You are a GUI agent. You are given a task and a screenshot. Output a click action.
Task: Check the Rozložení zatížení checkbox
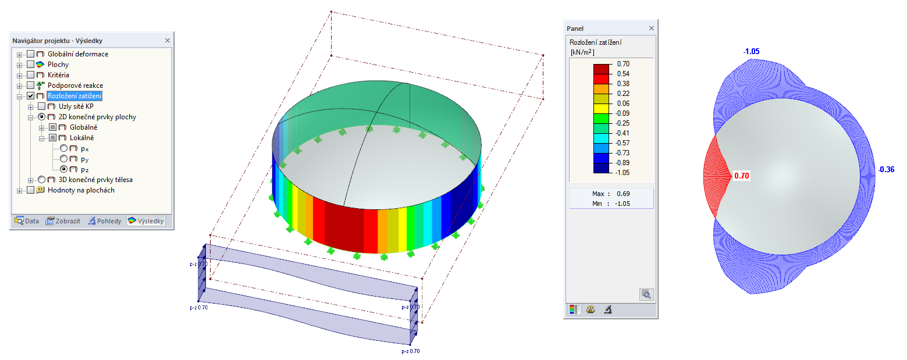(x=30, y=96)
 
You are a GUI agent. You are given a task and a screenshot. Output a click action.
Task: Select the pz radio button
(x=63, y=169)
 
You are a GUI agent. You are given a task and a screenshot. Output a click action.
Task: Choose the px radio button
(x=63, y=148)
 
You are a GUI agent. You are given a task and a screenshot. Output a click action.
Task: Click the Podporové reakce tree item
(x=75, y=85)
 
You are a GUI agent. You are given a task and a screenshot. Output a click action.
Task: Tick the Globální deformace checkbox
(x=30, y=54)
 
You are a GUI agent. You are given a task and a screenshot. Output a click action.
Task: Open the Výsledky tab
(x=146, y=220)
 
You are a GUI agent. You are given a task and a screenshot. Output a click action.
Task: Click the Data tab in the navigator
(x=27, y=220)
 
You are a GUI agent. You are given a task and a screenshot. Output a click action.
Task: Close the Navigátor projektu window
(x=167, y=41)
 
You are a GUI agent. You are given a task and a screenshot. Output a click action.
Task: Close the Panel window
(x=651, y=28)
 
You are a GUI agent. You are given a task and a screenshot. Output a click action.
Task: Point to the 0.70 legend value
(x=623, y=64)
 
